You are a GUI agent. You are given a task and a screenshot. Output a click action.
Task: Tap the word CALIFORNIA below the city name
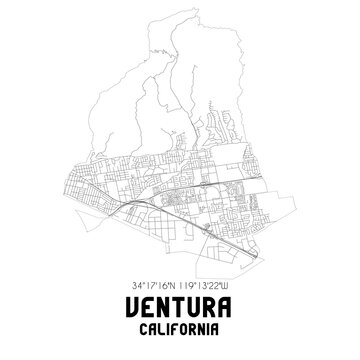(180, 328)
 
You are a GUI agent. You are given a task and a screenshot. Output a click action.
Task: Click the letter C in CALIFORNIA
(146, 328)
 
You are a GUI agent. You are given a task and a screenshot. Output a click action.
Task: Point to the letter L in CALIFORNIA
(162, 328)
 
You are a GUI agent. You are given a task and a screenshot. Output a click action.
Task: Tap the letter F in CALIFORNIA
(176, 328)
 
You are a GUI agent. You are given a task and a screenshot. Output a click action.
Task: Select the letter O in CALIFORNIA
(184, 328)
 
